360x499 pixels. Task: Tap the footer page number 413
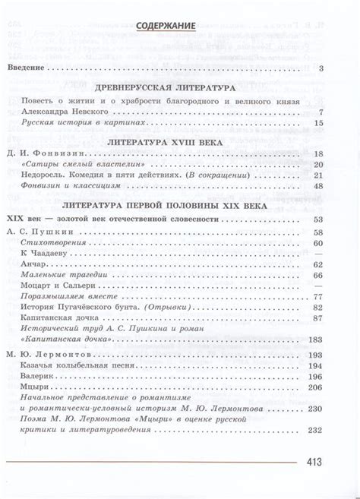click(314, 460)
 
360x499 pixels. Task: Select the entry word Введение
click(27, 69)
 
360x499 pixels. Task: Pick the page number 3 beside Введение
click(322, 69)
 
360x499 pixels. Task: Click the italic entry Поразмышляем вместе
click(62, 296)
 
